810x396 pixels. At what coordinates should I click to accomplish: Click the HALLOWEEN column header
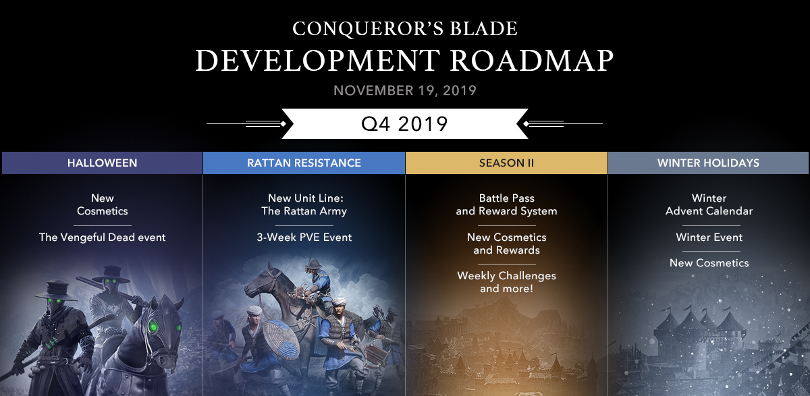point(103,163)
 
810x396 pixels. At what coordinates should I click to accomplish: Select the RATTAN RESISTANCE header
point(304,163)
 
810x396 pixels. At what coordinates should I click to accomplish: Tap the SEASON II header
point(507,163)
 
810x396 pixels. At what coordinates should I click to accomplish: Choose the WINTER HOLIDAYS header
point(708,163)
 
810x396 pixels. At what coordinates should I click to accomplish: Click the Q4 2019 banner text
point(404,124)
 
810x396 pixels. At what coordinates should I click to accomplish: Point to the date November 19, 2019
point(405,90)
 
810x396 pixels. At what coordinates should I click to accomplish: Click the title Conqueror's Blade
point(405,28)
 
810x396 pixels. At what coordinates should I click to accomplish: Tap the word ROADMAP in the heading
point(532,60)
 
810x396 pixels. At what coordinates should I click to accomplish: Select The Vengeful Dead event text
point(103,237)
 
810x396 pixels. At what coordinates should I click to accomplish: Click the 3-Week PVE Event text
point(304,237)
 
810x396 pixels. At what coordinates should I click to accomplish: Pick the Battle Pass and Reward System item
point(507,204)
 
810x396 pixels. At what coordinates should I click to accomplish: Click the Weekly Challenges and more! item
point(507,282)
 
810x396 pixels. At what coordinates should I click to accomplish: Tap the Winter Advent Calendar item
point(709,204)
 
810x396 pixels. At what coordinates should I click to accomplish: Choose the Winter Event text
point(709,237)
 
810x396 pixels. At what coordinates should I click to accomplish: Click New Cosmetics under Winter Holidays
point(709,262)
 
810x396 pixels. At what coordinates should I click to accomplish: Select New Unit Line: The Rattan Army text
point(304,204)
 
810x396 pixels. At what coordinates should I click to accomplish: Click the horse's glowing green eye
point(153,327)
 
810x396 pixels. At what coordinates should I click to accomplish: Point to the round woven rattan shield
point(281,339)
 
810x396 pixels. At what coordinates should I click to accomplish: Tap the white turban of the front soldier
point(339,301)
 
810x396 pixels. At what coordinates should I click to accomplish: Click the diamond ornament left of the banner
point(283,124)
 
